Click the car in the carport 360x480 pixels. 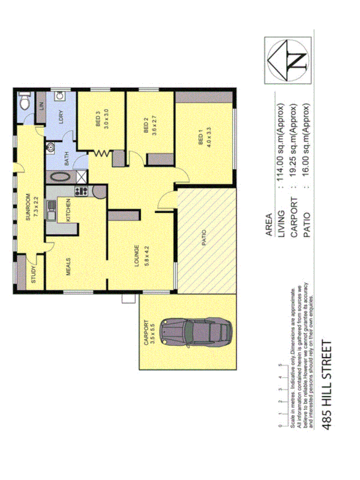195,333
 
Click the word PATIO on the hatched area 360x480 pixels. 204,241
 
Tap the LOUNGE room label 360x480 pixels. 137,255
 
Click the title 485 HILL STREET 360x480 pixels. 327,385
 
